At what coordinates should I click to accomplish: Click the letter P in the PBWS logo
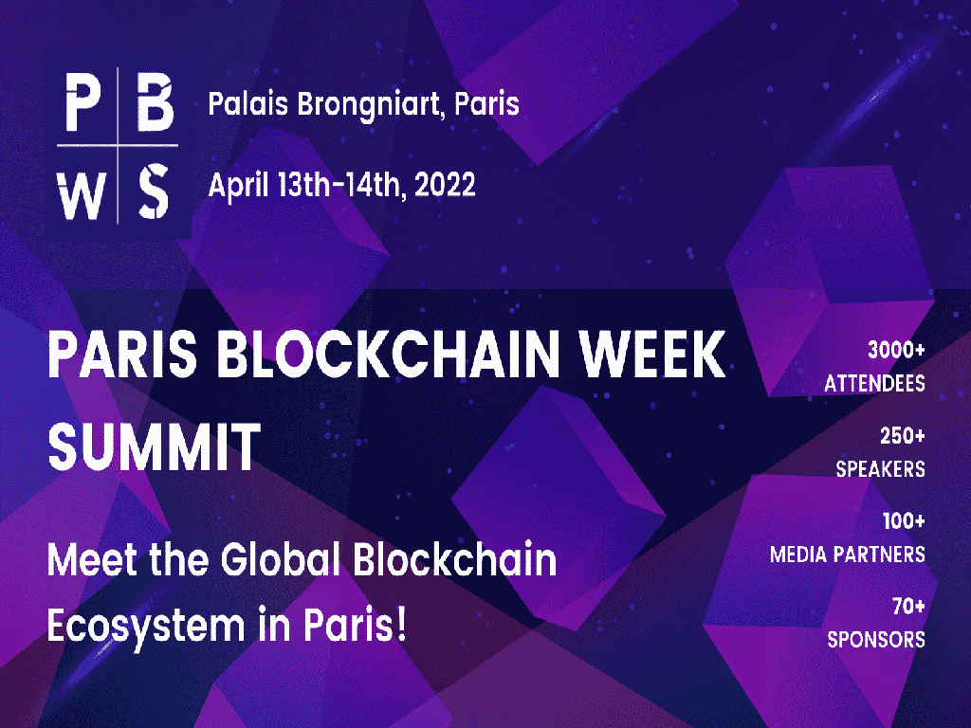tap(83, 102)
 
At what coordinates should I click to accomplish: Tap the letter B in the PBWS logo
tap(155, 102)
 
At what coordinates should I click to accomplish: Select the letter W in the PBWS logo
tap(82, 194)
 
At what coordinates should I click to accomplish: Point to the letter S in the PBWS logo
tap(153, 191)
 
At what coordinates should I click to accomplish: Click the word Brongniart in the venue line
tap(368, 105)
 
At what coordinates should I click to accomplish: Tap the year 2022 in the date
tap(445, 185)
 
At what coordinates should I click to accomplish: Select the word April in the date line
tap(238, 187)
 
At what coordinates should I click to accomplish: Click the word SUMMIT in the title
tap(155, 447)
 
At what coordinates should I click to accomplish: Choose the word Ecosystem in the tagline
tap(146, 627)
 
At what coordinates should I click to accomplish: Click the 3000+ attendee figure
tap(896, 351)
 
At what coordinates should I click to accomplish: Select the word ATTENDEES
tap(874, 384)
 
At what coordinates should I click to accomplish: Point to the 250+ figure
tap(903, 436)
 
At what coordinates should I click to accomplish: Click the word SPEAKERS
tap(881, 469)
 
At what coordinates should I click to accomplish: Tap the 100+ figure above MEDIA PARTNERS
tap(904, 520)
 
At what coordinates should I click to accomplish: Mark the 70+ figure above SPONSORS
tap(908, 606)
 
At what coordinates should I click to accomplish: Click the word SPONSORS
tap(876, 640)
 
